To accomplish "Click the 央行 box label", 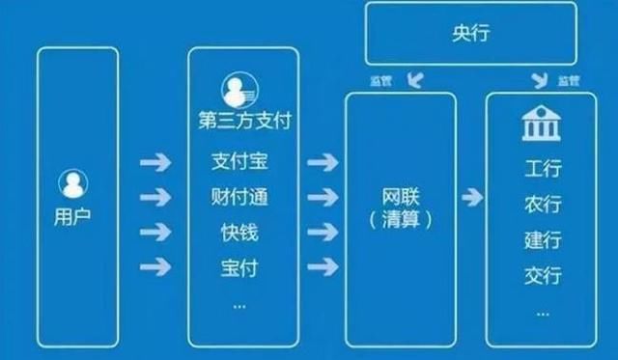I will (x=470, y=34).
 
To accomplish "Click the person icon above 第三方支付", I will (x=236, y=93).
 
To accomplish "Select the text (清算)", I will (x=399, y=221).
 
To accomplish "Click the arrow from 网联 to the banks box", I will (x=471, y=198).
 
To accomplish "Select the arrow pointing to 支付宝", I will (x=154, y=162).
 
